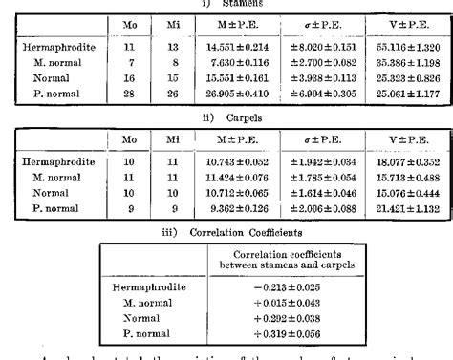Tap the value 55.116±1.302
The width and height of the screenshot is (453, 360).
(x=405, y=46)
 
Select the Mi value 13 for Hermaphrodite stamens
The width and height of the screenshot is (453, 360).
(x=173, y=46)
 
